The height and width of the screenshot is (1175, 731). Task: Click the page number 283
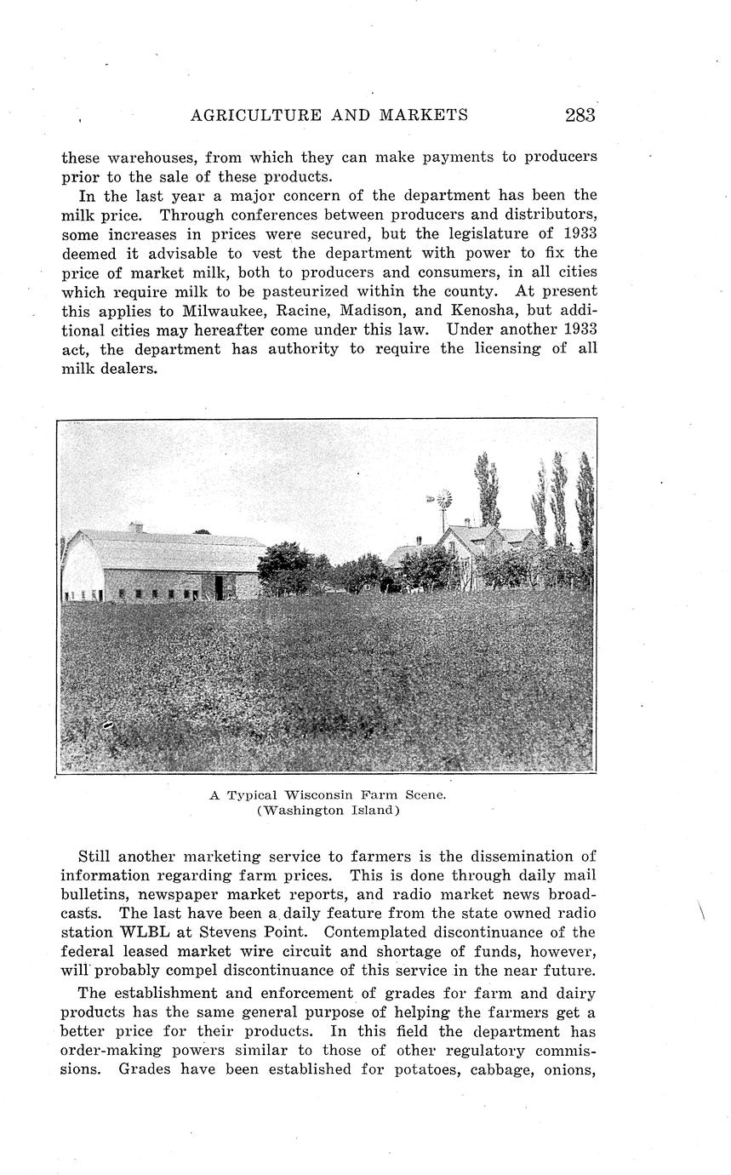(579, 116)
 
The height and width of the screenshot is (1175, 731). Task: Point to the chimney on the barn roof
(135, 527)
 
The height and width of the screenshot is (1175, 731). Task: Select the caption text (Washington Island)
(328, 811)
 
